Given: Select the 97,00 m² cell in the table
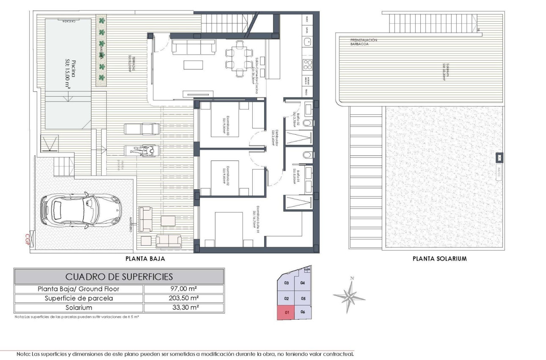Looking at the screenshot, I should (x=184, y=289).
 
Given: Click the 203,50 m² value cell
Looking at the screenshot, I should (x=184, y=298).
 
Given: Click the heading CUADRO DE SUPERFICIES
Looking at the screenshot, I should (x=119, y=277).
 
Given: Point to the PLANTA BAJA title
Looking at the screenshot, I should (x=145, y=258).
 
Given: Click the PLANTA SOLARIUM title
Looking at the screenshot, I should (x=439, y=258).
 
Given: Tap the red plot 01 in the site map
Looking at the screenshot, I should (x=286, y=313).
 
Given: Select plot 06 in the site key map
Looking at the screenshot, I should (x=303, y=312).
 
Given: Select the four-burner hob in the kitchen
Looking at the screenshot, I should (x=308, y=65).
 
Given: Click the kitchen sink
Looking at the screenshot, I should (x=308, y=42).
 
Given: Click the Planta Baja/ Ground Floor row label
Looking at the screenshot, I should (x=79, y=289).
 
